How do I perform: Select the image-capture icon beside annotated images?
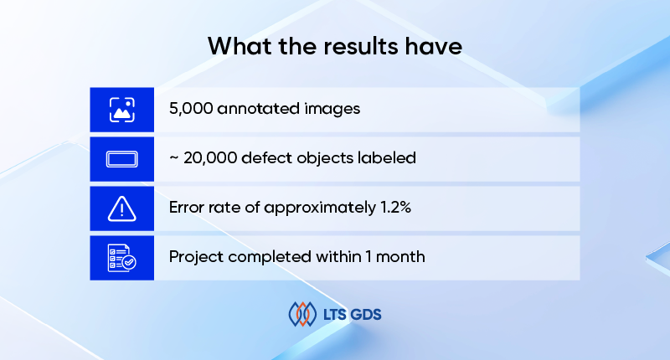(x=122, y=110)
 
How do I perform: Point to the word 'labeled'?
(x=388, y=158)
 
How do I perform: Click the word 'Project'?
(x=196, y=257)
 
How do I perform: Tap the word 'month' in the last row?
(x=402, y=257)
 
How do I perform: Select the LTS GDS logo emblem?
(x=302, y=315)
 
